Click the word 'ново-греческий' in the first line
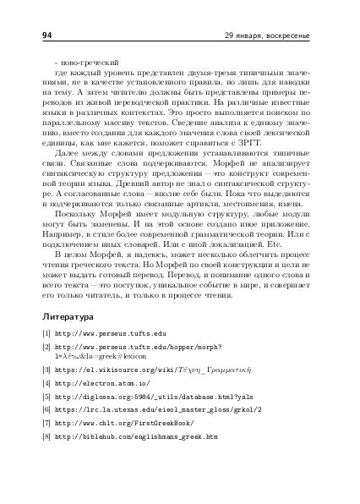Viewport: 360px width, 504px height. tap(86, 62)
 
